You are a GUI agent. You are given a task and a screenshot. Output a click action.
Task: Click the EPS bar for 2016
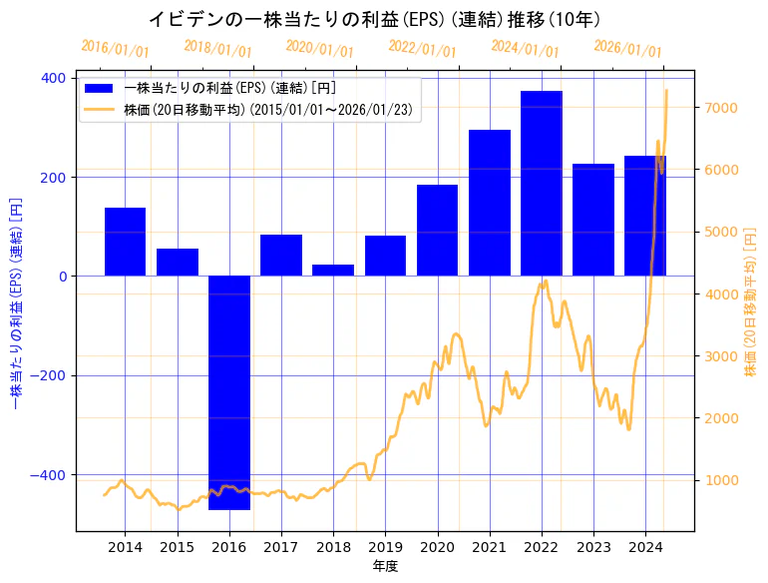[229, 392]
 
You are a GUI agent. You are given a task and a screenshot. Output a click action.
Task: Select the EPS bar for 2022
[542, 184]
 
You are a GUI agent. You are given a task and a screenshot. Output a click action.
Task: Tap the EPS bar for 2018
[333, 270]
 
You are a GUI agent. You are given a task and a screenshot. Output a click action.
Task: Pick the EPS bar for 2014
[126, 242]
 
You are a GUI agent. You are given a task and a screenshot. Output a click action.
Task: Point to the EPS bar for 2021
[490, 203]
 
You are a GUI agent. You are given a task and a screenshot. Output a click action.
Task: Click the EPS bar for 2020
[438, 231]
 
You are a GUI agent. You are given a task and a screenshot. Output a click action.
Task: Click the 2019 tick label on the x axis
[385, 547]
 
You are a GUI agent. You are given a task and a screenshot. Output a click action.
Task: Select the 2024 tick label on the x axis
[645, 547]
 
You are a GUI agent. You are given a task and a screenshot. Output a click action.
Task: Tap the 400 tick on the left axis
[53, 78]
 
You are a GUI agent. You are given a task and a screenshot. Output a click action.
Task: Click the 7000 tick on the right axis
[721, 108]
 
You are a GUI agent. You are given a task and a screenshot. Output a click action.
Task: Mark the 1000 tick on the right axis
[721, 480]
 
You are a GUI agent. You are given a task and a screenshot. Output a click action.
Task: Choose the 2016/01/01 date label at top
[115, 49]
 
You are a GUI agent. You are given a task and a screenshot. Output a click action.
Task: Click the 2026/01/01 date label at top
[627, 49]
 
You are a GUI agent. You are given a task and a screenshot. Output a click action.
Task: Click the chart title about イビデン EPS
[374, 19]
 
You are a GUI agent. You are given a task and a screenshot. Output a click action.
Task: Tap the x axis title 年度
[385, 566]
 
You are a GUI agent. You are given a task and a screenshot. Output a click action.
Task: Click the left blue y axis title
[15, 304]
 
